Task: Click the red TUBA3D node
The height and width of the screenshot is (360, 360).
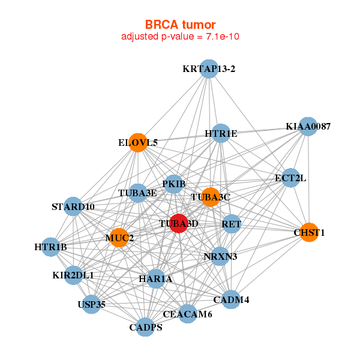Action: (x=179, y=223)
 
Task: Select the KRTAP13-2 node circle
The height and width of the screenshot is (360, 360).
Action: (x=209, y=69)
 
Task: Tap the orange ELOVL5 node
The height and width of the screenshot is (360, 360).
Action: (x=138, y=143)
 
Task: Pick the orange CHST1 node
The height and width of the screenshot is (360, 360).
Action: (x=309, y=232)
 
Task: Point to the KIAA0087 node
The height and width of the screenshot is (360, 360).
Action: (x=308, y=127)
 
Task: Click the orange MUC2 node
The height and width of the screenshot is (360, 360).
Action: (x=119, y=238)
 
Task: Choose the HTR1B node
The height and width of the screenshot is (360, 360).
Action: (x=51, y=247)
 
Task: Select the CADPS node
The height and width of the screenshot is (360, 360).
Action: (x=146, y=327)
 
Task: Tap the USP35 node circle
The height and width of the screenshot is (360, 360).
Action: (x=91, y=304)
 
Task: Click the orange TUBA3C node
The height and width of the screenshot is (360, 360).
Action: (x=211, y=197)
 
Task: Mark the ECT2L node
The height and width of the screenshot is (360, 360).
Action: (x=290, y=178)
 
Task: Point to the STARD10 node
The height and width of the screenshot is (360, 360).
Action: (x=73, y=206)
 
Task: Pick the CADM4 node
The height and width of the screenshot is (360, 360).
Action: (x=231, y=299)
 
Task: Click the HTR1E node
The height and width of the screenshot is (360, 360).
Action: (x=221, y=133)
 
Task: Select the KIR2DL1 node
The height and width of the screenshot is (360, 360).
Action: (x=73, y=275)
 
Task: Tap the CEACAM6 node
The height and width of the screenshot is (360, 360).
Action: (x=188, y=314)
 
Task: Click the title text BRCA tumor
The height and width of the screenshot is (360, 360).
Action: (x=180, y=25)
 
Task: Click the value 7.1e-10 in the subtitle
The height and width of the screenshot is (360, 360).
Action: (x=223, y=37)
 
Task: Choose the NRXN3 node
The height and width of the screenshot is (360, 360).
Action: (x=220, y=256)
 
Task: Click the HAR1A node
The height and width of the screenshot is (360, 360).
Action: (x=156, y=279)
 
